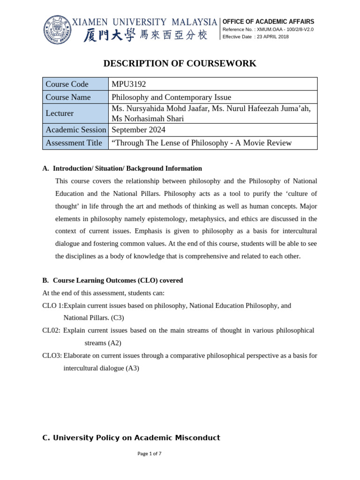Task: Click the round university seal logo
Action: [x=58, y=29]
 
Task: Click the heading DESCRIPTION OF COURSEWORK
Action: [x=180, y=64]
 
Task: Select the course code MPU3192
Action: [x=129, y=84]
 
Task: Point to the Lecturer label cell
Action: [x=60, y=113]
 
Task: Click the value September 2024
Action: [x=138, y=130]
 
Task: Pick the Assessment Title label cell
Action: [x=74, y=143]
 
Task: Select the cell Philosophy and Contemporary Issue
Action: [x=172, y=97]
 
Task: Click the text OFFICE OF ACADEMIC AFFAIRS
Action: [x=268, y=22]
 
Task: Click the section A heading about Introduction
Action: [x=122, y=168]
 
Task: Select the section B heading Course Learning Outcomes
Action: [x=112, y=280]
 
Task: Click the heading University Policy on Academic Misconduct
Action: [x=131, y=438]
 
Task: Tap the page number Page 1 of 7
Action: [x=149, y=454]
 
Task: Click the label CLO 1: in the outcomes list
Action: [x=52, y=306]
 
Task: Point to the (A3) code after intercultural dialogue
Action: [x=132, y=368]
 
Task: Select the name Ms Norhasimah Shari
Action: [x=148, y=119]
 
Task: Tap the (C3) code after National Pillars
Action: [x=117, y=318]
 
